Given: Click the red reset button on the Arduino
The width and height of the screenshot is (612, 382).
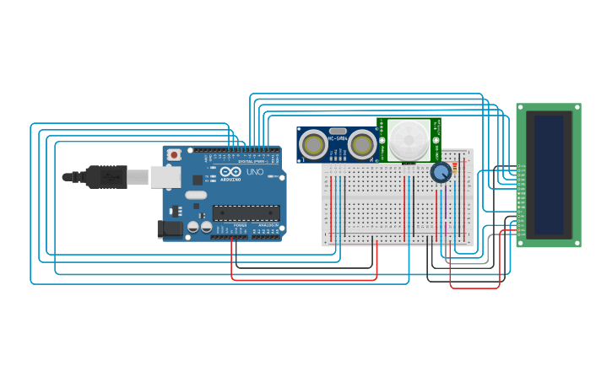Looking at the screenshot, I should [174, 154].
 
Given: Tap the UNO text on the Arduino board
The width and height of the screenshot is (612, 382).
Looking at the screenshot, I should [254, 172].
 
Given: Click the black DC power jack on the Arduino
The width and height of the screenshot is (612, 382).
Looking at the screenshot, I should [170, 229].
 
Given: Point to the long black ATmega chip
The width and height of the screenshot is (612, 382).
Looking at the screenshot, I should [246, 213].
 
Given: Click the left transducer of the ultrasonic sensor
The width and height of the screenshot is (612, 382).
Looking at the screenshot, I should [314, 145].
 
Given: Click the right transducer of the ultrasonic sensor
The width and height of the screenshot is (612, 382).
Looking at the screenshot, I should [363, 145].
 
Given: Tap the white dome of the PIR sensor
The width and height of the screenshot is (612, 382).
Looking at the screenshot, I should [409, 137].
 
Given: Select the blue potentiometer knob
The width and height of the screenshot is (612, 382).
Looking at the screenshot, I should [440, 173].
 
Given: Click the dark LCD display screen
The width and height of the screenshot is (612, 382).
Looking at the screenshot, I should [549, 175].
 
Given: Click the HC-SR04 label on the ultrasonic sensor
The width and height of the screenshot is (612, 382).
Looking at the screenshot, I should [338, 138].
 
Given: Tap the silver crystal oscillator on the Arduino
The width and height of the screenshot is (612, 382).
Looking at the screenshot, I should [196, 195].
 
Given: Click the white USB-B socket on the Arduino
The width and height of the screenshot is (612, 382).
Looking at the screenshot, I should [165, 176].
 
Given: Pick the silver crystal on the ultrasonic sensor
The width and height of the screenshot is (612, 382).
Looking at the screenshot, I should [338, 132].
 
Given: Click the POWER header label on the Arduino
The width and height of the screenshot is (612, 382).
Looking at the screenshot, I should [240, 226].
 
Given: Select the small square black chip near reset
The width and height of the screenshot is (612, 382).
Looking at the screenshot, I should [197, 180].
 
